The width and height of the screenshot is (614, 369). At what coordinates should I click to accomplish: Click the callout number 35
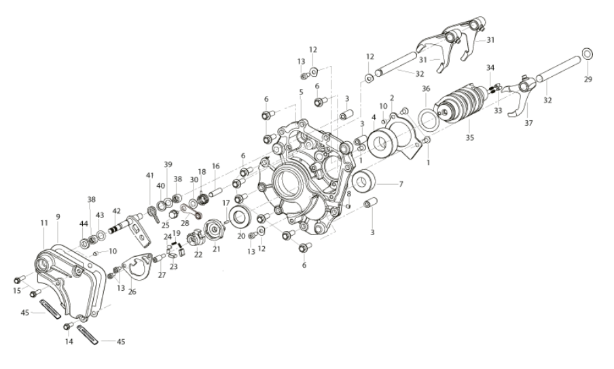pos(469,138)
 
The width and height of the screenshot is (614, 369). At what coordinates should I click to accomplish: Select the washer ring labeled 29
pos(587,53)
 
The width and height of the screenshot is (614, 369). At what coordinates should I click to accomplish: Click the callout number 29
pos(588,79)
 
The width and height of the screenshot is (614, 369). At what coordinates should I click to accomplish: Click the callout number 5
pos(301,92)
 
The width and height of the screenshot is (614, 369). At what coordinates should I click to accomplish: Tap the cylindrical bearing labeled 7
pos(364,181)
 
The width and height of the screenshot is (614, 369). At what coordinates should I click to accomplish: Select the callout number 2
pos(392,98)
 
